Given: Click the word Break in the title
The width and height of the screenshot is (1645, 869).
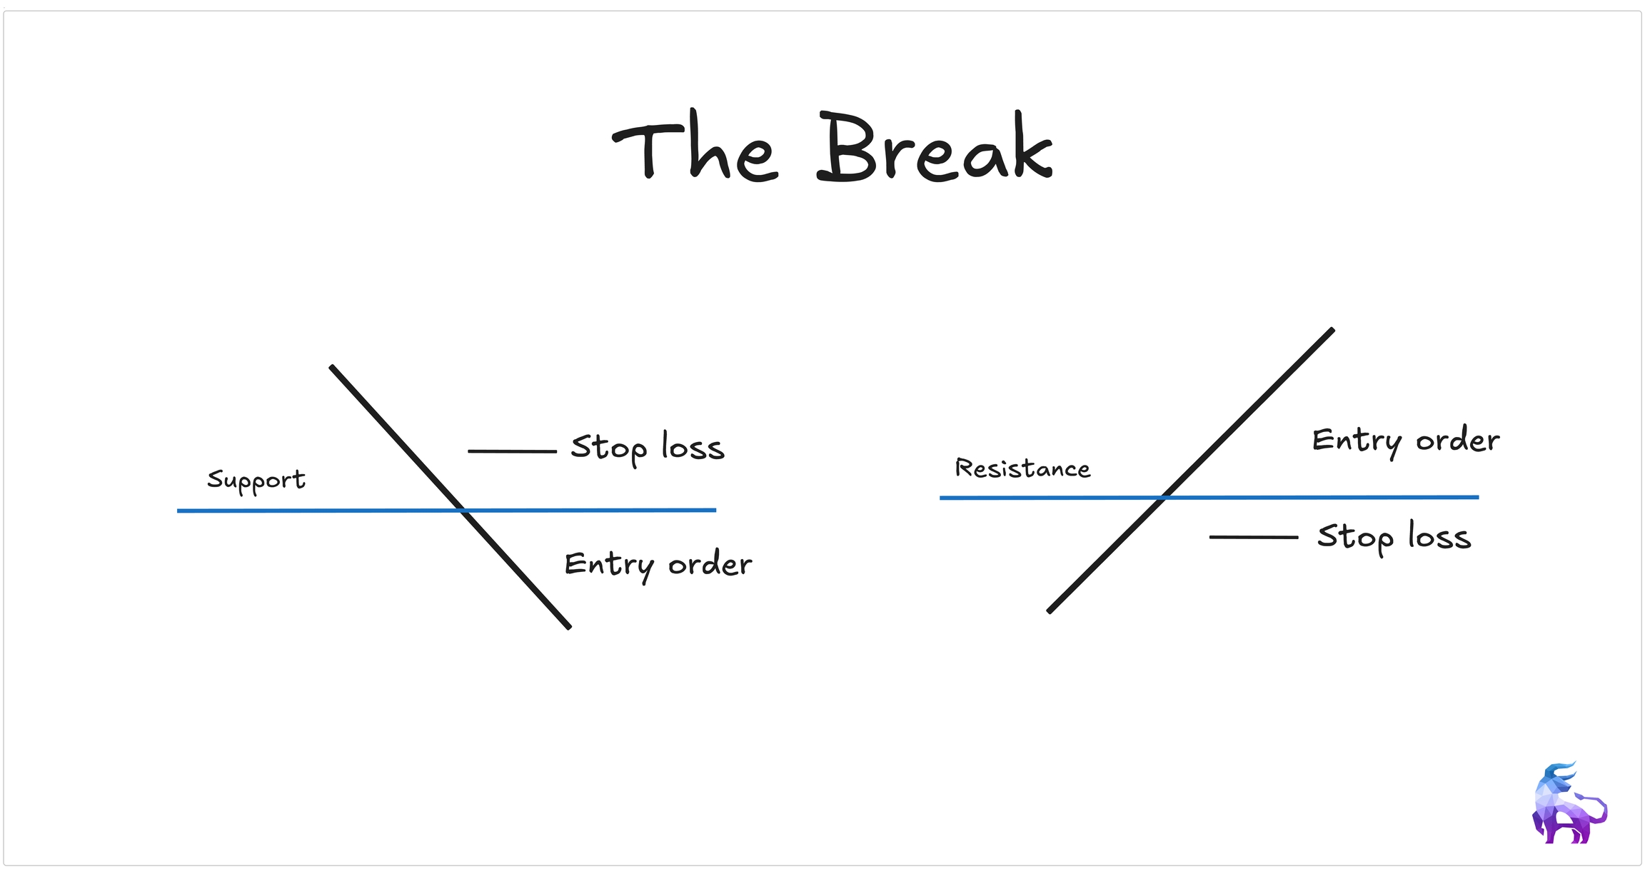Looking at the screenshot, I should coord(934,149).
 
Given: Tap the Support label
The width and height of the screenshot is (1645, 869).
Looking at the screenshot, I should coord(256,480).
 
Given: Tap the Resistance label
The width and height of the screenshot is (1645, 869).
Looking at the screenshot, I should coord(1022,468).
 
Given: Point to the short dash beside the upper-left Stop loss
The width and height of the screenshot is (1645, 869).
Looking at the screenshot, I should coord(512,451).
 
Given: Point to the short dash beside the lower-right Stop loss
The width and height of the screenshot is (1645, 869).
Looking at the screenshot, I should coord(1253,537).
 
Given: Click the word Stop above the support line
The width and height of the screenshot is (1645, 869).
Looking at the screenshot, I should coord(608,448).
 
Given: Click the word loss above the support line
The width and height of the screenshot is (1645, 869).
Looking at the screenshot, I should coord(693,447).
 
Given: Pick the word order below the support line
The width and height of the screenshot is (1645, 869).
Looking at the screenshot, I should coord(710,565).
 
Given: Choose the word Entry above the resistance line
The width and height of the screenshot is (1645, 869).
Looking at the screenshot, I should coord(1357,441).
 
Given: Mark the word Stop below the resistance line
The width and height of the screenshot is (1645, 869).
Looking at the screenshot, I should coord(1354,538).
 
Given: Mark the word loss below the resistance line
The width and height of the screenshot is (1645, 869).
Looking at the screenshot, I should coord(1439,536).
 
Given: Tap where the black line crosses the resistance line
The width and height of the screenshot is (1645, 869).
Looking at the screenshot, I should coord(1164,497).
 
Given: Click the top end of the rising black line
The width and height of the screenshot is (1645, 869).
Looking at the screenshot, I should coord(1332,331).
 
